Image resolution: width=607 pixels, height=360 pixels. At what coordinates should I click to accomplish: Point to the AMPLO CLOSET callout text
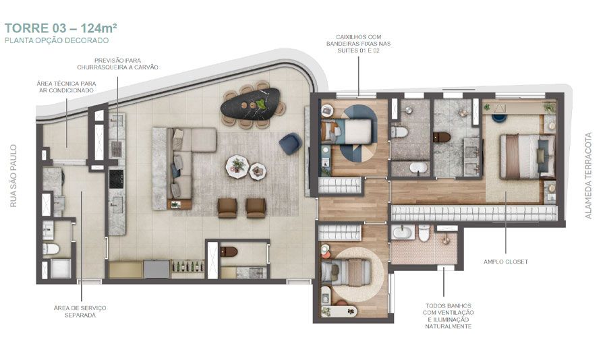point(505,261)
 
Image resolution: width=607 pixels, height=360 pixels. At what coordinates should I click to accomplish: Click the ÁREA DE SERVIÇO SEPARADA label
point(80,311)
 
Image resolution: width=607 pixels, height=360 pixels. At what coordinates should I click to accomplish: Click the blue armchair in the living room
point(290,142)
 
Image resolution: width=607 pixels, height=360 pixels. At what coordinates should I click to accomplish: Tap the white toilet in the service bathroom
point(51,249)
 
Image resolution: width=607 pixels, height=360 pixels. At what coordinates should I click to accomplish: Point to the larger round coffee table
point(237,164)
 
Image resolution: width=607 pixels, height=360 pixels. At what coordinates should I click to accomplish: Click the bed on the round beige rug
point(348,272)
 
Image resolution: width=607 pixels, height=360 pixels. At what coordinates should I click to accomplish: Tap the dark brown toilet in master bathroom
point(442,137)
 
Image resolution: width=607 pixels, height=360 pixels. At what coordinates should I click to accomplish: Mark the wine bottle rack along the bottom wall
point(188,269)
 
